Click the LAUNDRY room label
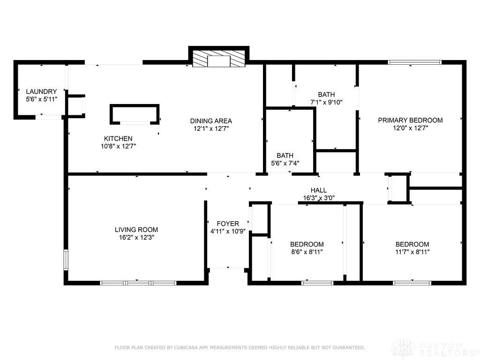coord(41,91)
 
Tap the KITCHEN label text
coord(118,139)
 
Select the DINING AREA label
coord(211,121)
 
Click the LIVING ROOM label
coord(136,230)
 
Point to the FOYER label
coord(228,224)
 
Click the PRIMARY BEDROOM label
coord(410,120)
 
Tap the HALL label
coord(319,190)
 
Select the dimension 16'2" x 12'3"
coord(136,238)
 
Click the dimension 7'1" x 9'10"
coord(326,103)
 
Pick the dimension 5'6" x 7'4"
coord(285,164)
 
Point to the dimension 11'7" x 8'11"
coord(412,252)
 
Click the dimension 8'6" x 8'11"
coord(307,252)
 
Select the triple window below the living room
coord(138,283)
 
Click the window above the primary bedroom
coord(414,62)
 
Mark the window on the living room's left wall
coord(66,260)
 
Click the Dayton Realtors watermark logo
coord(435,349)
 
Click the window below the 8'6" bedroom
coord(317,283)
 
